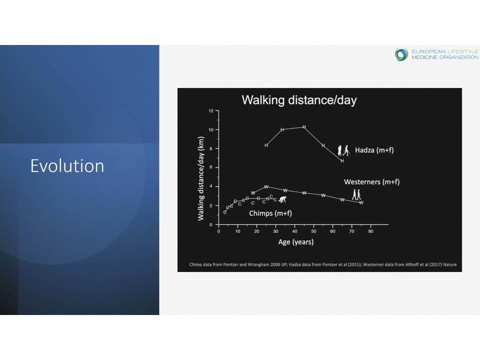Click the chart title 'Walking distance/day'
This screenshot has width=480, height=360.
[299, 100]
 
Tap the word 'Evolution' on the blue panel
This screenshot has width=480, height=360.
[67, 166]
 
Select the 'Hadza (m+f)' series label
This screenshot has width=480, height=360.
[374, 150]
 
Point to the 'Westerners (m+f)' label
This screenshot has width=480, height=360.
[371, 182]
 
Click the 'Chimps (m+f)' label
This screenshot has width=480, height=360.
[270, 213]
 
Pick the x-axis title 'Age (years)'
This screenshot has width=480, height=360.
[295, 242]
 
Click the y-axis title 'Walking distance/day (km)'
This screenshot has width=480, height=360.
[201, 178]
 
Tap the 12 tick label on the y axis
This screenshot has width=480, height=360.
[211, 111]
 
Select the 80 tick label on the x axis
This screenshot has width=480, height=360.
[370, 231]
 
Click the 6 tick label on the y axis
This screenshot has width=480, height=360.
[211, 167]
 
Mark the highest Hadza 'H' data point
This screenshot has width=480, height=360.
[304, 126]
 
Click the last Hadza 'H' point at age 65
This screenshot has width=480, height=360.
[342, 160]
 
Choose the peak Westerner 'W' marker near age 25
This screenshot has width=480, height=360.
[266, 186]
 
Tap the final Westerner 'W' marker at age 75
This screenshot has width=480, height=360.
[361, 202]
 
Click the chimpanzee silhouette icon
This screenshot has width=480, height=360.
[283, 199]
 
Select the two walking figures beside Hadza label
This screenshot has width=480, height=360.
[343, 150]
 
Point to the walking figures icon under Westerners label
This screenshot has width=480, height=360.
[356, 194]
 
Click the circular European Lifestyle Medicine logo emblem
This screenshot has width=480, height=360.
[401, 54]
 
